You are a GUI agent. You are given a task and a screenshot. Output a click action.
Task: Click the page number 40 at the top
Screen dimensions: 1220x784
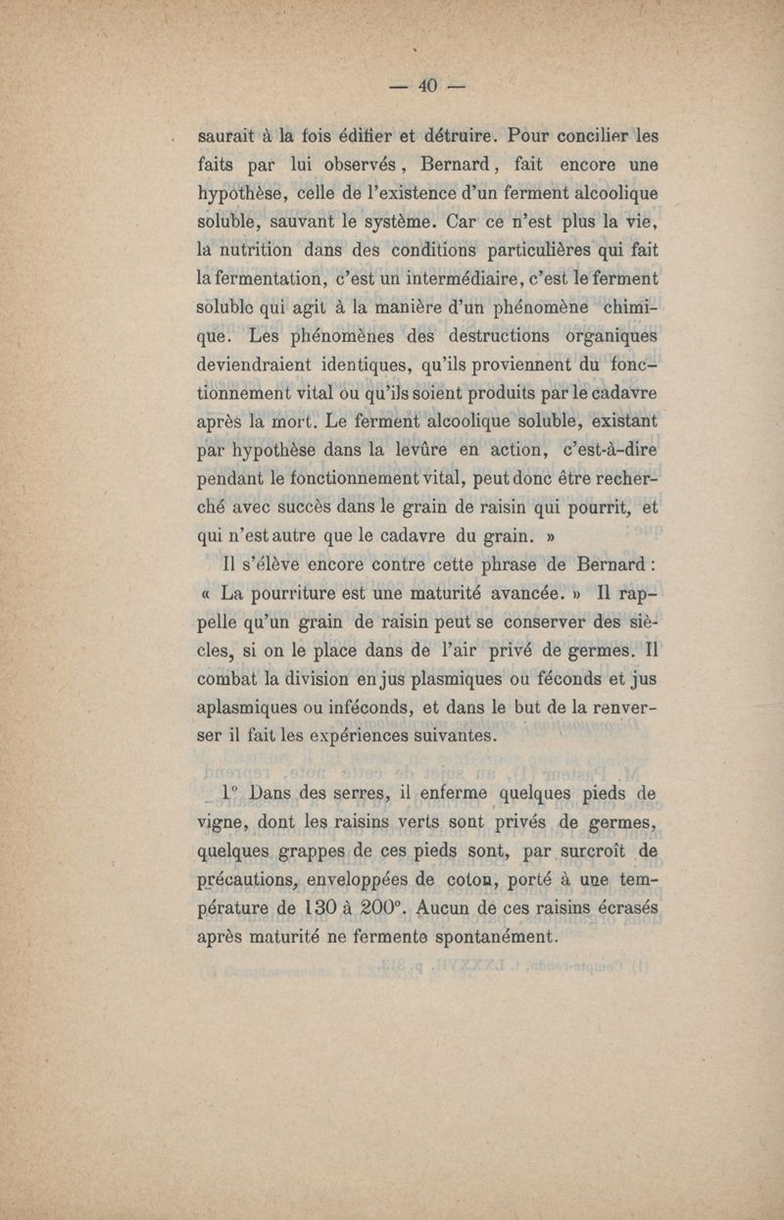tap(425, 86)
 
